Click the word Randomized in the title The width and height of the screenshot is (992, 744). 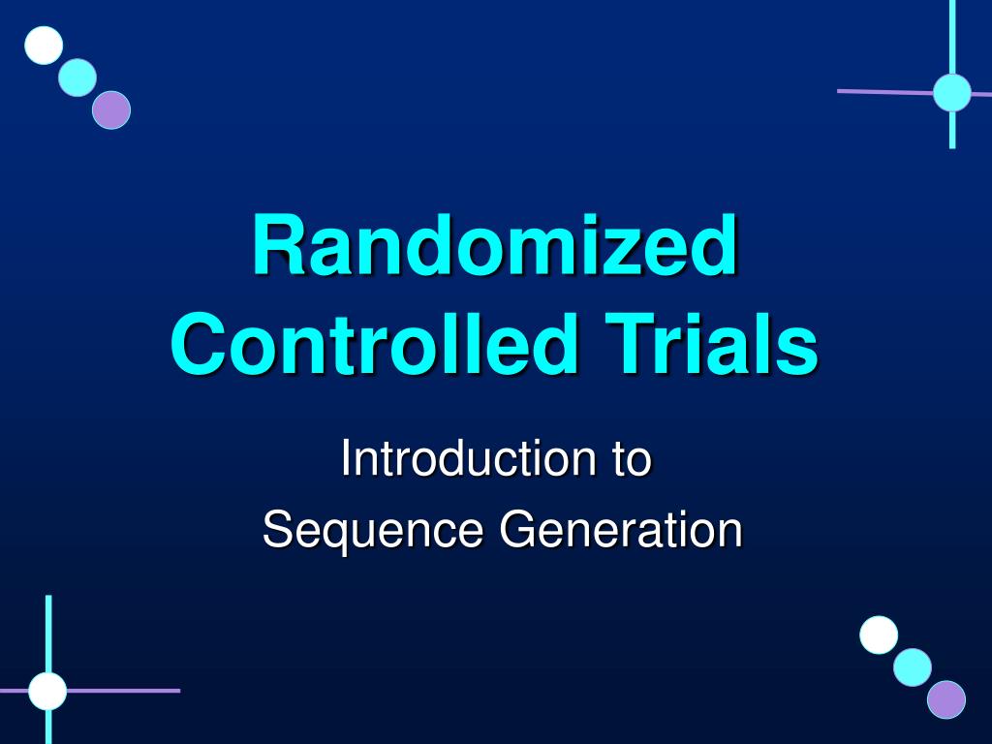(495, 247)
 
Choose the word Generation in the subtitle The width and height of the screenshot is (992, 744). (620, 531)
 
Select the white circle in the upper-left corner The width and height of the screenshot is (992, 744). (44, 46)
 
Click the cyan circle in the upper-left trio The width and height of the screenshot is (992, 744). (77, 77)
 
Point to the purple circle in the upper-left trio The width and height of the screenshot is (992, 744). (111, 109)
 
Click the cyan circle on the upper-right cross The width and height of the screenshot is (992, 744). (952, 92)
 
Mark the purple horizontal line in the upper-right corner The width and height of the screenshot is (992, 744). (882, 92)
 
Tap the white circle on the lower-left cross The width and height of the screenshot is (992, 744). (47, 691)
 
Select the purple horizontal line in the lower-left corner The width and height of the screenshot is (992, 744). (126, 691)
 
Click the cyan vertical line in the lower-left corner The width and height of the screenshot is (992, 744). (48, 630)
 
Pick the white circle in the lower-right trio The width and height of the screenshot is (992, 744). (879, 635)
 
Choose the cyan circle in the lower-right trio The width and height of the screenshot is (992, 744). (913, 667)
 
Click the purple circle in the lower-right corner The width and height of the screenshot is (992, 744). (946, 699)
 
